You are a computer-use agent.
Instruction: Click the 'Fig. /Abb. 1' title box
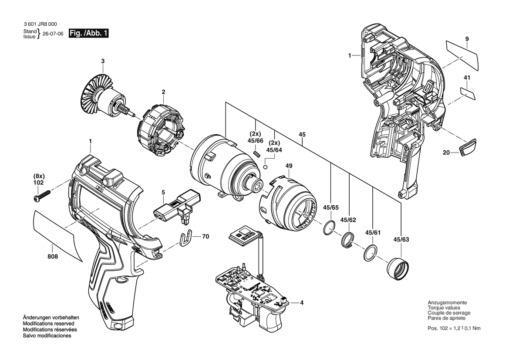click(88, 33)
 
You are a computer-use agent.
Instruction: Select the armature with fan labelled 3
click(105, 97)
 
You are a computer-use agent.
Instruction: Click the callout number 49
click(289, 166)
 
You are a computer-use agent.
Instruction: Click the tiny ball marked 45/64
click(266, 167)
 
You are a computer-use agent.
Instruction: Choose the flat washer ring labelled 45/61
click(370, 252)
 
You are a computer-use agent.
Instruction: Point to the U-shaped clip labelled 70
click(185, 238)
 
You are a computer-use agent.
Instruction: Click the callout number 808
click(53, 257)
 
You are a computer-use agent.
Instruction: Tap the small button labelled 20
click(468, 147)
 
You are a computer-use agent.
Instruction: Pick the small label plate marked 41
click(468, 93)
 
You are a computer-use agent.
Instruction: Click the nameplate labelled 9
click(462, 55)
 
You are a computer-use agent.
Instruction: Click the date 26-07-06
click(53, 34)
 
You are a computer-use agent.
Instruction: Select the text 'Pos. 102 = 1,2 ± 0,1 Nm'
click(454, 328)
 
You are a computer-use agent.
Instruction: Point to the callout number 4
click(302, 302)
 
